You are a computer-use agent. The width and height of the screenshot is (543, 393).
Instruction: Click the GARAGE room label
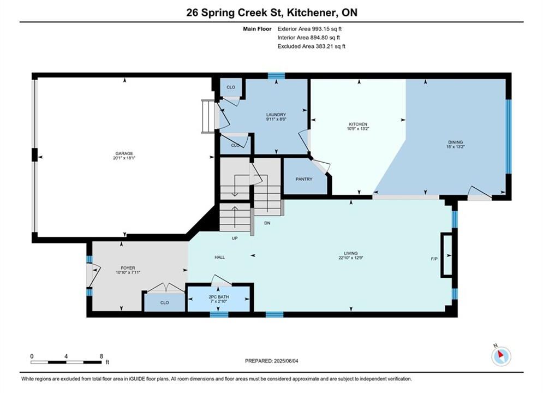click(124, 153)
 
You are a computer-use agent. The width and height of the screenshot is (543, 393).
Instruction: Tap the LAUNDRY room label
click(276, 115)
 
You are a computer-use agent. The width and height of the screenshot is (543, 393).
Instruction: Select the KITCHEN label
click(358, 124)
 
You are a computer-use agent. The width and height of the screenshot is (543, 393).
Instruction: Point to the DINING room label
click(455, 142)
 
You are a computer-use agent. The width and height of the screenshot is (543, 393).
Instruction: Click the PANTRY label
click(304, 179)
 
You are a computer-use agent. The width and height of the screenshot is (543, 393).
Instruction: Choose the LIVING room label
click(351, 253)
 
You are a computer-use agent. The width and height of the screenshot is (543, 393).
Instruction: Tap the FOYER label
click(128, 268)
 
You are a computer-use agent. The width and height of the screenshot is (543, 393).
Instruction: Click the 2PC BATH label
click(219, 297)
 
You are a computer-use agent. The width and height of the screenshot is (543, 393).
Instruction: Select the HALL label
click(219, 257)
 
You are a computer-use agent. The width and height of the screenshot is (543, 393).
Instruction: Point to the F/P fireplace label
click(434, 259)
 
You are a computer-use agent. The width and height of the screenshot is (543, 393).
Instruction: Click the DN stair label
click(267, 223)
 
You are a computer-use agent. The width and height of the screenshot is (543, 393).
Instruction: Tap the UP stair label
click(235, 238)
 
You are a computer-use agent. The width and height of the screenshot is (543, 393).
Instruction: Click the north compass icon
click(501, 355)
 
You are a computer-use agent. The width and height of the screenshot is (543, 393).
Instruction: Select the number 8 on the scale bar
click(102, 356)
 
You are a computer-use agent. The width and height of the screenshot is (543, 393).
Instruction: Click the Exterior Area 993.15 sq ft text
click(309, 29)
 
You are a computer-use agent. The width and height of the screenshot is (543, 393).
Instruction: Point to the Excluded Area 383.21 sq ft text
click(311, 46)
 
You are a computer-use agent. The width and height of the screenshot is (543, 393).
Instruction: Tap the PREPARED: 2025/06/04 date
click(272, 361)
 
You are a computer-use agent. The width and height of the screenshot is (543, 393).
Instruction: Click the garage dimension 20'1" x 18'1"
click(124, 158)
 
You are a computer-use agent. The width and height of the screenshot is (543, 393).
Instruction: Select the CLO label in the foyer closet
click(164, 302)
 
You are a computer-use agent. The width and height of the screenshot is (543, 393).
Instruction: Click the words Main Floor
click(257, 29)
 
